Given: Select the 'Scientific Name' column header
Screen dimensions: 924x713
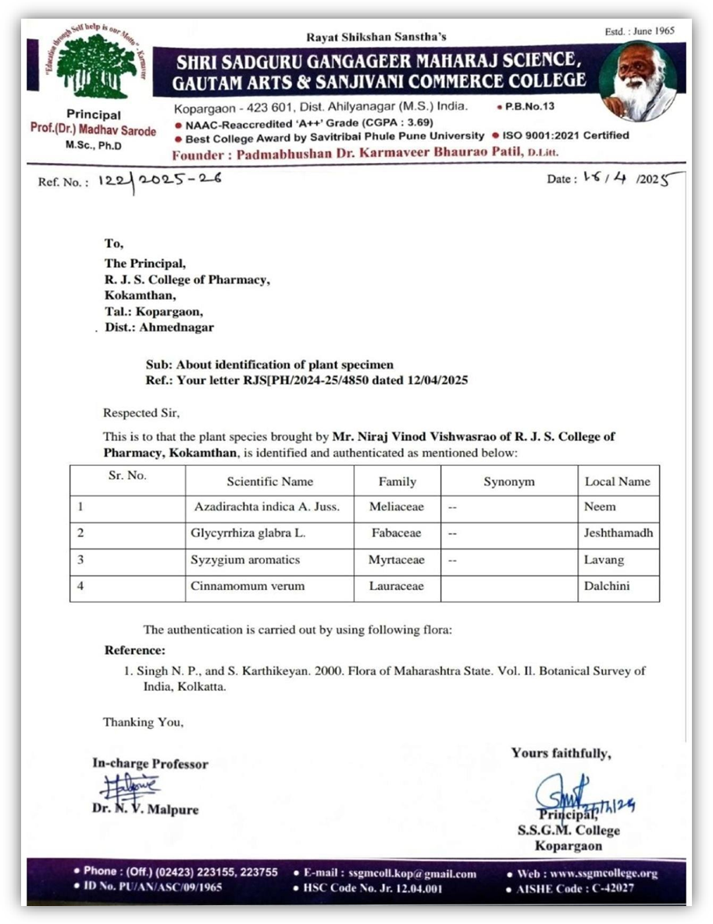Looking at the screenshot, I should pos(269,482).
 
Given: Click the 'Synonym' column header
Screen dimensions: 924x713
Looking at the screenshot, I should pos(508,482).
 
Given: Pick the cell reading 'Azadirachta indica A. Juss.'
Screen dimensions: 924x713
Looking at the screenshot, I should pos(266,507).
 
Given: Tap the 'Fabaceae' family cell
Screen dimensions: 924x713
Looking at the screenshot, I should pos(396,534).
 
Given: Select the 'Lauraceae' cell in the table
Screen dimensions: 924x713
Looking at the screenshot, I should pos(397,586).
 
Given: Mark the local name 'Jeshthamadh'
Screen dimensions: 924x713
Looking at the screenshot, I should pos(619,534).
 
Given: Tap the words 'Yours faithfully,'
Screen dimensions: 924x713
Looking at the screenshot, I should pos(561,753).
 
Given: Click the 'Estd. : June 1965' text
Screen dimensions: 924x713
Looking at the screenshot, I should pos(639,31).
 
